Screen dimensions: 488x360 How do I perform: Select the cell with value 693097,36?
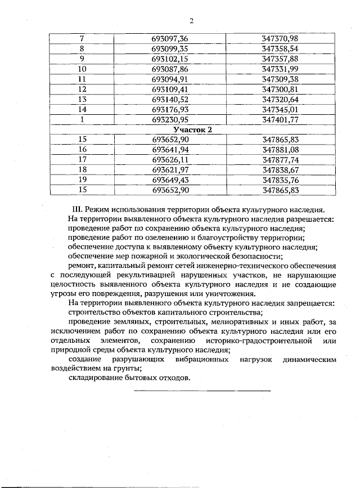point(169,38)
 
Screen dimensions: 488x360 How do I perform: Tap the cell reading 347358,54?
point(280,48)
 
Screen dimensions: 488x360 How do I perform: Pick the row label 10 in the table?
point(82,69)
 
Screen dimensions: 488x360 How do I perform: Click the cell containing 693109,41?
point(169,89)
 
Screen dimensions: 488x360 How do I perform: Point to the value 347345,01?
point(280,109)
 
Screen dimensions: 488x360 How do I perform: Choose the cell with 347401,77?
point(280,119)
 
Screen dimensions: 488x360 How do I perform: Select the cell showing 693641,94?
point(169,150)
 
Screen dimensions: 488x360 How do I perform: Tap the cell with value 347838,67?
point(280,170)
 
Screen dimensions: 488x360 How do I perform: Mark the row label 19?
point(82,180)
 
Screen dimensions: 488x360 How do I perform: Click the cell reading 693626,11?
point(169,160)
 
